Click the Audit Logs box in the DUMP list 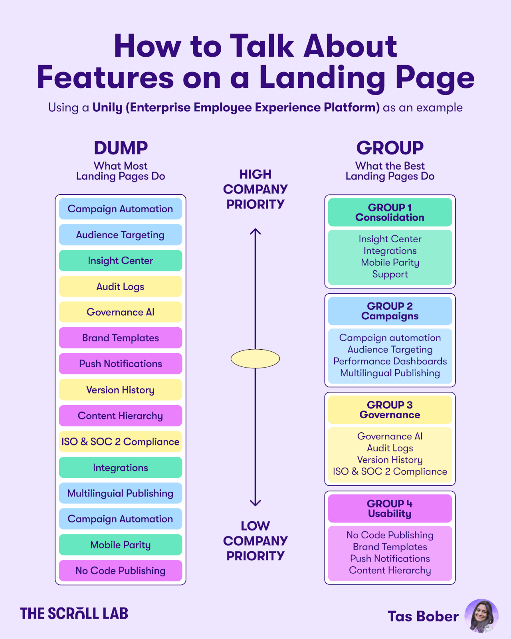coord(120,287)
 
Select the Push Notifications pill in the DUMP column coord(120,364)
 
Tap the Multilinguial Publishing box coord(120,493)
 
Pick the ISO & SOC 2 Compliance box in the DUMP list coord(120,441)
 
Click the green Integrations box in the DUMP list coord(120,467)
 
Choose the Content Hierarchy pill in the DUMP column coord(120,416)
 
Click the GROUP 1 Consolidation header coord(390,212)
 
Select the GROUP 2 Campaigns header coord(390,311)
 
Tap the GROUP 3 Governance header coord(390,410)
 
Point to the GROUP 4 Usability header coord(390,508)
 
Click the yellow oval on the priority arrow coord(255,358)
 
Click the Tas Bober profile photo coord(481,616)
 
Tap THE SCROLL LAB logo coord(74,613)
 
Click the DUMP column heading coord(121,148)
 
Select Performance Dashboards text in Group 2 coord(390,361)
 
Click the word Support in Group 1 coord(390,274)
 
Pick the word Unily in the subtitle coord(107,107)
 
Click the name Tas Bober coord(423,616)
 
